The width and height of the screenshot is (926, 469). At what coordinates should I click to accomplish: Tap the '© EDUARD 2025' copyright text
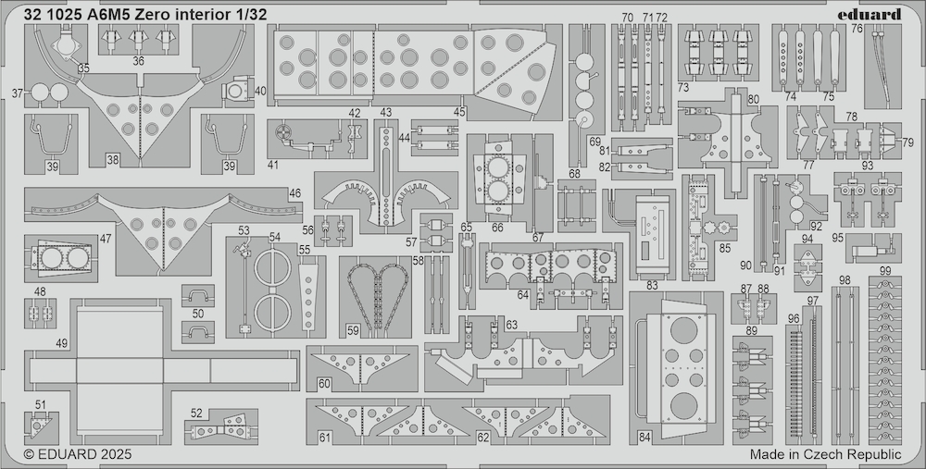coord(78,455)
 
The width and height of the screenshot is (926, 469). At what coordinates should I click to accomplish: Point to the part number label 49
coord(61,343)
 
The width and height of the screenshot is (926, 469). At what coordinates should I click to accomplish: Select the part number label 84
coord(644,438)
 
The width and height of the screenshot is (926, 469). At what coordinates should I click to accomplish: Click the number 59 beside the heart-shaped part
coord(353,331)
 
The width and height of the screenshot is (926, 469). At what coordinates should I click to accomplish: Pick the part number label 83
coord(652,286)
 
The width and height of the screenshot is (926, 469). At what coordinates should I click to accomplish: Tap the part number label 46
coord(294,193)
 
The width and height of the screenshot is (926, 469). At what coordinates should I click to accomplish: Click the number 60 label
coord(324,384)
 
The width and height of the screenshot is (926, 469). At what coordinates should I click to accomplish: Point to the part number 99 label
coord(884,271)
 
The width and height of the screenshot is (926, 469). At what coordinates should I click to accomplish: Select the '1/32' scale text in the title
coord(251,15)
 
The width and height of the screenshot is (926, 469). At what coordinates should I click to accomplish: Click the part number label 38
coord(113,159)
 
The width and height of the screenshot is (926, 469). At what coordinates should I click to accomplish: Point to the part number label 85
coord(725,248)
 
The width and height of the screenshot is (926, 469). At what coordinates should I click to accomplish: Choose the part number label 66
coord(497,228)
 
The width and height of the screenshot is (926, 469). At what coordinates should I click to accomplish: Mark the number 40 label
coord(260,91)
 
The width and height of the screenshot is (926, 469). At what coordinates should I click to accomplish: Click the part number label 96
coord(794,318)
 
